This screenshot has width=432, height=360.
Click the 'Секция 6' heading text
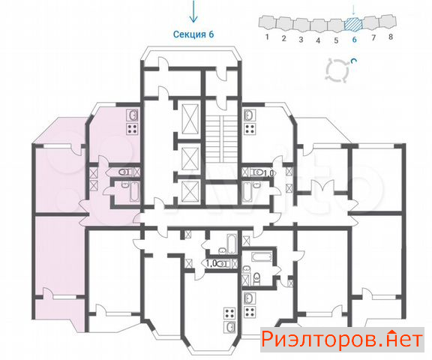click(193, 34)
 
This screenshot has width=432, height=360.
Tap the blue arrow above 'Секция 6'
click(193, 11)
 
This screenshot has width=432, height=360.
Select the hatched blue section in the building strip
click(354, 24)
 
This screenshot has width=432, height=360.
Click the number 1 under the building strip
click(267, 37)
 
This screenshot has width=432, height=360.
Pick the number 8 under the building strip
click(391, 37)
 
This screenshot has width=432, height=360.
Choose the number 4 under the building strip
click(318, 40)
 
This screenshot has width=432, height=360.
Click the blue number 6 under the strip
click(354, 40)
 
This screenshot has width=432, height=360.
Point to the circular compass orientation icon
click(338, 70)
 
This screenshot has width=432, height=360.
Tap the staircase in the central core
click(222, 139)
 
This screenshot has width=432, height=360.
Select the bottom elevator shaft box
click(190, 192)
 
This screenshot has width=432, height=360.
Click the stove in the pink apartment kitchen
click(132, 129)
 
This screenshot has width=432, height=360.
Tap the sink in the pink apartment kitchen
click(132, 115)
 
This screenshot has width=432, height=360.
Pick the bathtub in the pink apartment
click(134, 191)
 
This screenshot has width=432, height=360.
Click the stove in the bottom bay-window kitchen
click(229, 313)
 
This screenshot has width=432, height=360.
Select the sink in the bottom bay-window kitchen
click(229, 327)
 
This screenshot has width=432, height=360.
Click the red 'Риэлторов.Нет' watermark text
click(342, 339)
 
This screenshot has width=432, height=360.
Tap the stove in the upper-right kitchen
click(250, 129)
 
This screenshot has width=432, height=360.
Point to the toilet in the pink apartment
click(124, 172)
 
